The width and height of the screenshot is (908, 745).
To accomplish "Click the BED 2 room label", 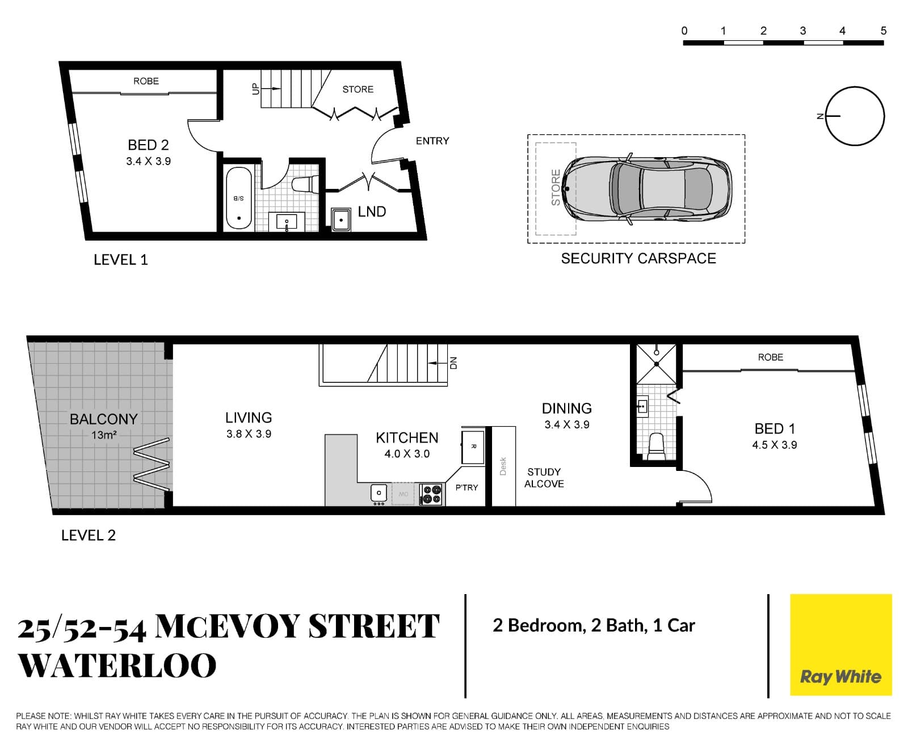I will [148, 145].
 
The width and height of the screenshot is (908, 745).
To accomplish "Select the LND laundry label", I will [372, 212].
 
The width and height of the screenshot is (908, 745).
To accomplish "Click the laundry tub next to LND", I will [340, 219].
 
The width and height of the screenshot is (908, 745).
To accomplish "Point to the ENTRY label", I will [432, 141].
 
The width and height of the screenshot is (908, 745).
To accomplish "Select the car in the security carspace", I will [647, 189].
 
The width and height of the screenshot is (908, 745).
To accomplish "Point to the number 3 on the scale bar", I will [802, 31].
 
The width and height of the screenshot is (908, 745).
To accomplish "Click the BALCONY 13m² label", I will [103, 426].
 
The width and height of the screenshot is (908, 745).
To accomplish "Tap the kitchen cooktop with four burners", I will [431, 494].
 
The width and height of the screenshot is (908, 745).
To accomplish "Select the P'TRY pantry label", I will [466, 487].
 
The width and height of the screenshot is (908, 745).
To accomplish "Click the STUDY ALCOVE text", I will [544, 478].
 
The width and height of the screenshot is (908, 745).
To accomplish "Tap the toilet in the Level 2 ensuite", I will [656, 447].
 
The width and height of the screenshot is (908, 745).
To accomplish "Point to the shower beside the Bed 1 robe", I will [656, 363].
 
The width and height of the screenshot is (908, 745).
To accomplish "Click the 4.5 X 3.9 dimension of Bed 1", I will [774, 445].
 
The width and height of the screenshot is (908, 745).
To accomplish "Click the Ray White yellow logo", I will [840, 645].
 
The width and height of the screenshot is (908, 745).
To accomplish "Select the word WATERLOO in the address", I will [117, 666].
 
